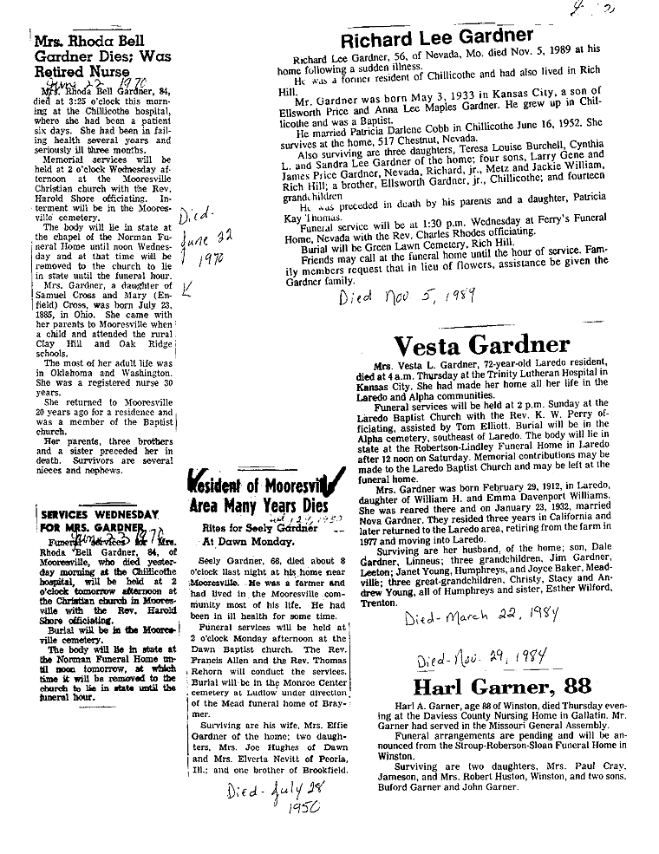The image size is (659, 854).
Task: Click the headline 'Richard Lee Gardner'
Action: (436, 36)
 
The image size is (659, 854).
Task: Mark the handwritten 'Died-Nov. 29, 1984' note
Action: (486, 661)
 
